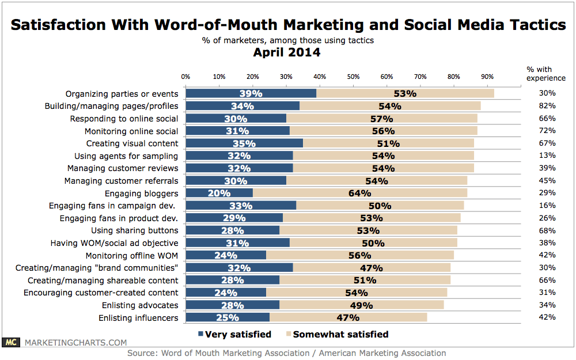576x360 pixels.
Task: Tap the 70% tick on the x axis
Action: (x=420, y=76)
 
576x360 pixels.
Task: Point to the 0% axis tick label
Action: (x=186, y=76)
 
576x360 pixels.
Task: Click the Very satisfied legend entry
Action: (x=234, y=334)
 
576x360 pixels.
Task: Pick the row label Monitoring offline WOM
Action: (x=132, y=255)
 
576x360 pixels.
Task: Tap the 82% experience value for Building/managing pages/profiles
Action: (x=547, y=106)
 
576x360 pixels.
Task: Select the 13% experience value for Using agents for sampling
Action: (x=547, y=156)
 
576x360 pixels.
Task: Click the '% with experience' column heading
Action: (x=539, y=73)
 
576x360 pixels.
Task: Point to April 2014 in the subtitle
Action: (x=287, y=52)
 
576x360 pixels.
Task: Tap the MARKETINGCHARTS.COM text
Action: (x=75, y=343)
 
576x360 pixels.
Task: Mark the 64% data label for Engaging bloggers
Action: (x=359, y=193)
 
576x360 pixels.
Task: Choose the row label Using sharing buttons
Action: (x=135, y=230)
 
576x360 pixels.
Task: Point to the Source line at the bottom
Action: (x=287, y=353)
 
